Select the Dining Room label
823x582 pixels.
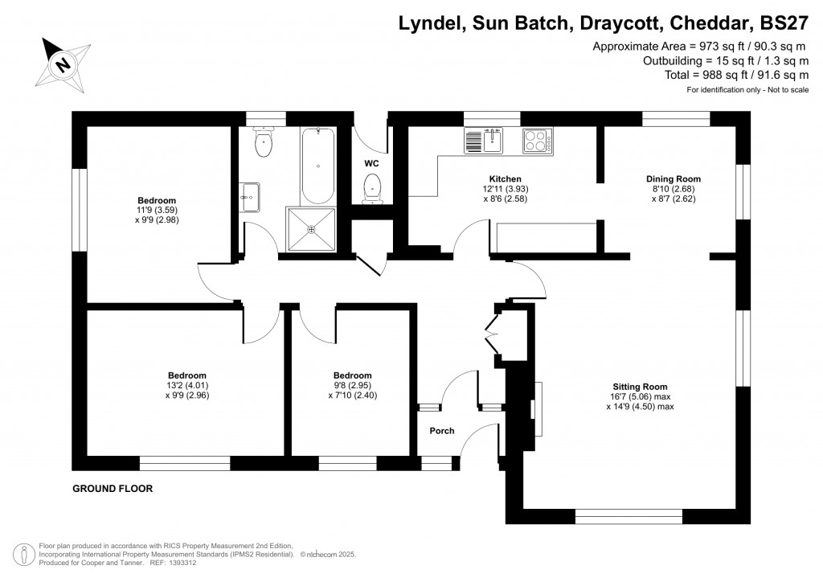tap(674, 178)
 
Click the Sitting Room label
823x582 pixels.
tap(639, 387)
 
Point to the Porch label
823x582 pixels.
tap(441, 431)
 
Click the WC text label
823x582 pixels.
tap(371, 163)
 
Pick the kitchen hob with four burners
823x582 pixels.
tap(538, 141)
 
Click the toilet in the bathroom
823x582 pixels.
tap(263, 142)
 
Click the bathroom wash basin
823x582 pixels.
tap(250, 195)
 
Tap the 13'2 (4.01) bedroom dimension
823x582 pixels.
tap(187, 385)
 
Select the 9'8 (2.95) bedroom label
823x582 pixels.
tap(353, 385)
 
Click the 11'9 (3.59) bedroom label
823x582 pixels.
tap(157, 211)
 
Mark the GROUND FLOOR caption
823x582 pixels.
tap(113, 489)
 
